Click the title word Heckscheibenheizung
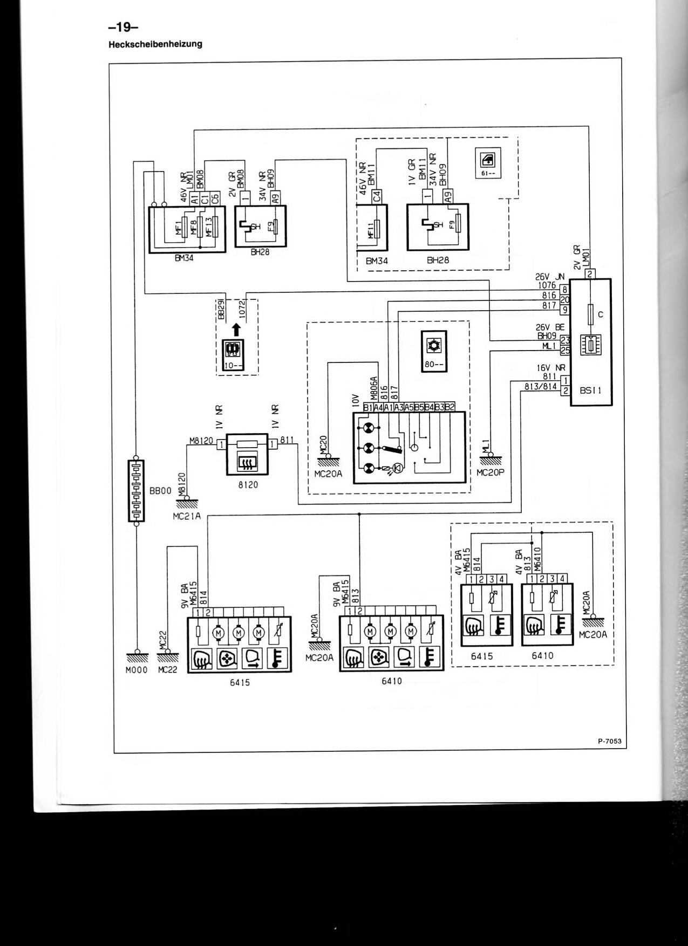point(155,44)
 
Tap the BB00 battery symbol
point(136,491)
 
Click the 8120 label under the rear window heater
point(248,484)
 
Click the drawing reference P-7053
point(609,741)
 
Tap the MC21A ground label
point(186,516)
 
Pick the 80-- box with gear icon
point(433,350)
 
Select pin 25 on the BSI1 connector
point(565,351)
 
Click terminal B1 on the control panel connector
point(369,407)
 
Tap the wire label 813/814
point(540,386)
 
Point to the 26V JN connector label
point(550,276)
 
